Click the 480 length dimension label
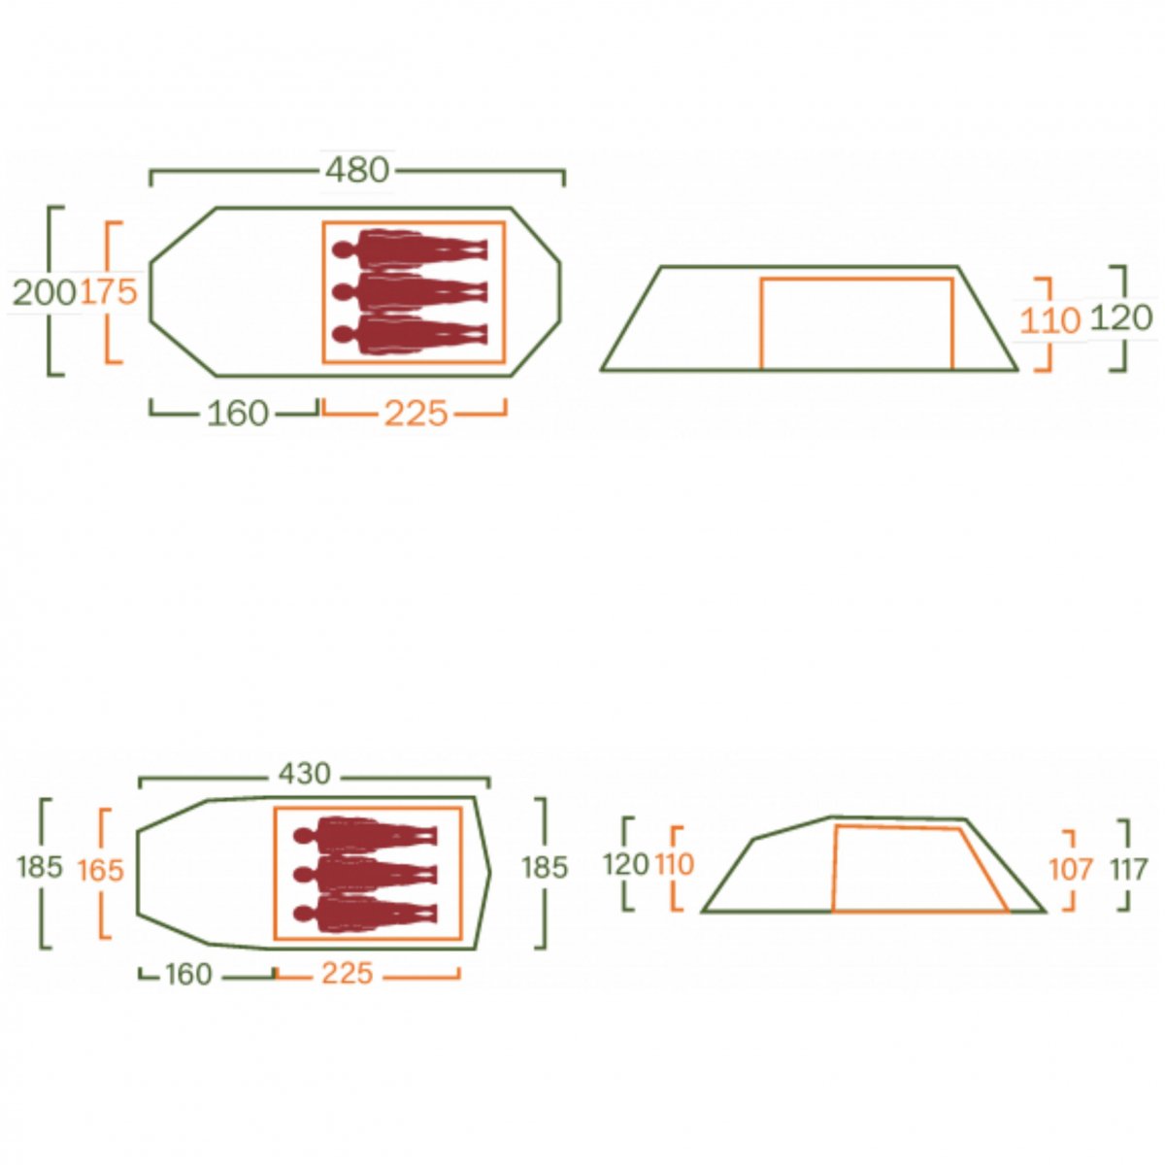point(357,171)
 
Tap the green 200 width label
point(45,294)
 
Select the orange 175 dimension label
point(109,292)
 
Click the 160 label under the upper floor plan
point(238,414)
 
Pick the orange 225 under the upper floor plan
point(416,415)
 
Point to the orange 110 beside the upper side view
point(1050,320)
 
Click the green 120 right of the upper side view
point(1121,318)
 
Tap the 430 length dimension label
point(305,773)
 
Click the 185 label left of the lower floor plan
point(40,868)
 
